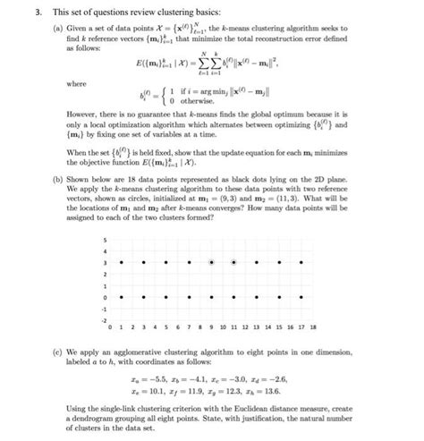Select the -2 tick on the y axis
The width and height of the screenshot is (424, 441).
[x=104, y=318]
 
